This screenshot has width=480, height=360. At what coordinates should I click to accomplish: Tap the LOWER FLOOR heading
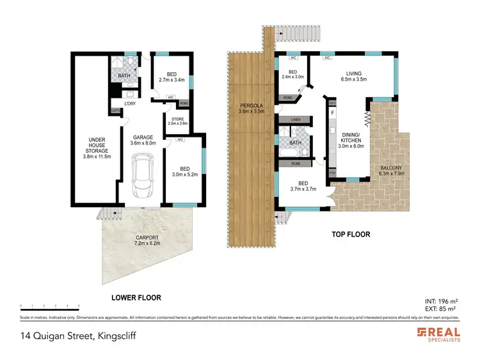(136, 297)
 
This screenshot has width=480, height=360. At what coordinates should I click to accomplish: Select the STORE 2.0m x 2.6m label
(177, 121)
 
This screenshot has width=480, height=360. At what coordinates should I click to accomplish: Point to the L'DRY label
(131, 104)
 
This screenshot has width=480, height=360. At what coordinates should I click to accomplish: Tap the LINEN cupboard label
(295, 120)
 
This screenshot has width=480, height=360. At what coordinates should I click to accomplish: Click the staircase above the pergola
(275, 37)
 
